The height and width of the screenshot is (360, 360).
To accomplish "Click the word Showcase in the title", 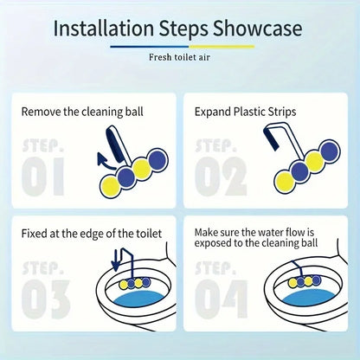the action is [x=258, y=28].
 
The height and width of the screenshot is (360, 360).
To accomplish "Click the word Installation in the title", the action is [x=104, y=28].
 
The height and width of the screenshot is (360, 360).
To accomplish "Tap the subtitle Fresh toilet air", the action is [x=179, y=57].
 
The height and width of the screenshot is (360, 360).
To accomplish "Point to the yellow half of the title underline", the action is [x=222, y=47].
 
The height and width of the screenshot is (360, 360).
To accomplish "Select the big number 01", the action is [x=43, y=177].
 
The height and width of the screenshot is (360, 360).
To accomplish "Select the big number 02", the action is [x=221, y=177].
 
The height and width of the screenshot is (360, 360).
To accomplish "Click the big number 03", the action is [x=46, y=299].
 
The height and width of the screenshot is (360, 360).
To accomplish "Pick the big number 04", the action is [x=222, y=299].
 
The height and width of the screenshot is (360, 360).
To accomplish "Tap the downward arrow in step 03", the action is [x=116, y=260].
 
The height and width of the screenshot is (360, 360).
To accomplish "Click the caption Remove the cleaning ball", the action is [x=82, y=112].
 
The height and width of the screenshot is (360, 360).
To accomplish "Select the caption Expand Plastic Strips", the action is [x=245, y=112].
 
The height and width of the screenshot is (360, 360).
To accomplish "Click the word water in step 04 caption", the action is [x=271, y=232].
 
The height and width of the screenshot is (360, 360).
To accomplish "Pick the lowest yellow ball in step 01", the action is [x=110, y=187].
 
